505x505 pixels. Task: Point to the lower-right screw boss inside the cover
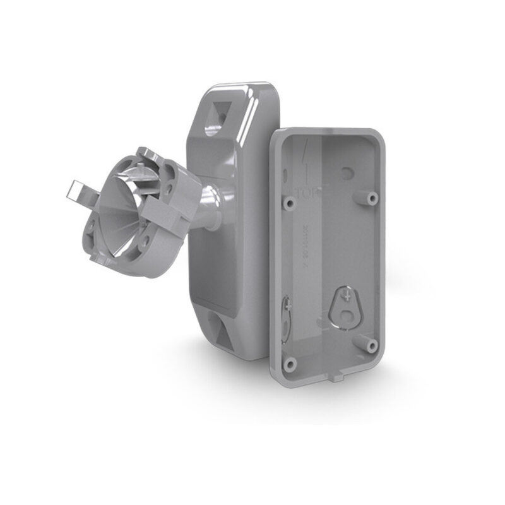pos(371,345)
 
